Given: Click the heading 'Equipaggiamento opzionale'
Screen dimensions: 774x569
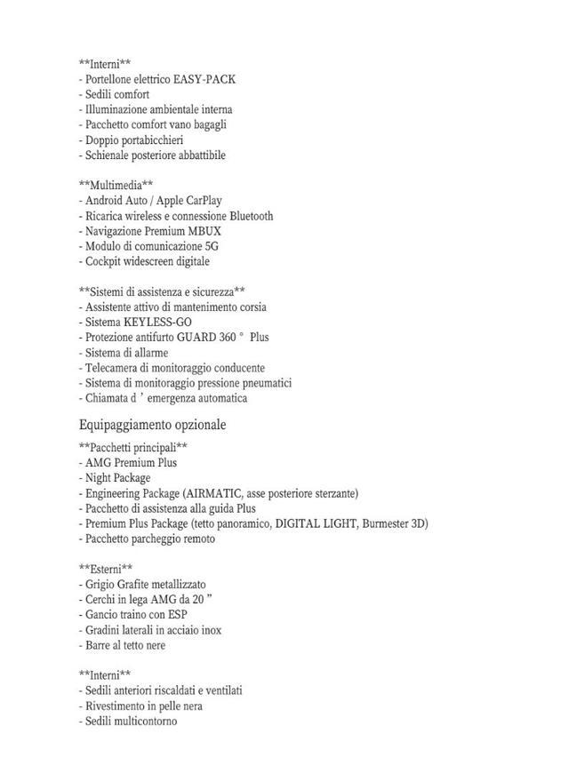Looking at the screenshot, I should point(152,425).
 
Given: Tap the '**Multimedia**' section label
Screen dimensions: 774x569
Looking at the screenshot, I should point(116,185).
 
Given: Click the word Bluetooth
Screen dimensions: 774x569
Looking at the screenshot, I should point(251,216).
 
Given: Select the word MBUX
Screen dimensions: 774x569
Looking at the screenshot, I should point(204,231).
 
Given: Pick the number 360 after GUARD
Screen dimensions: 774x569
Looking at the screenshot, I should point(227,337).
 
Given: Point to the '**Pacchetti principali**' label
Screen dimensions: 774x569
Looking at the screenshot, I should point(132,447).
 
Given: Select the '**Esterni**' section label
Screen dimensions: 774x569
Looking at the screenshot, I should point(106,569).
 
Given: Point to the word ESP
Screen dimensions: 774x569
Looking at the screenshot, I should point(176,614).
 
